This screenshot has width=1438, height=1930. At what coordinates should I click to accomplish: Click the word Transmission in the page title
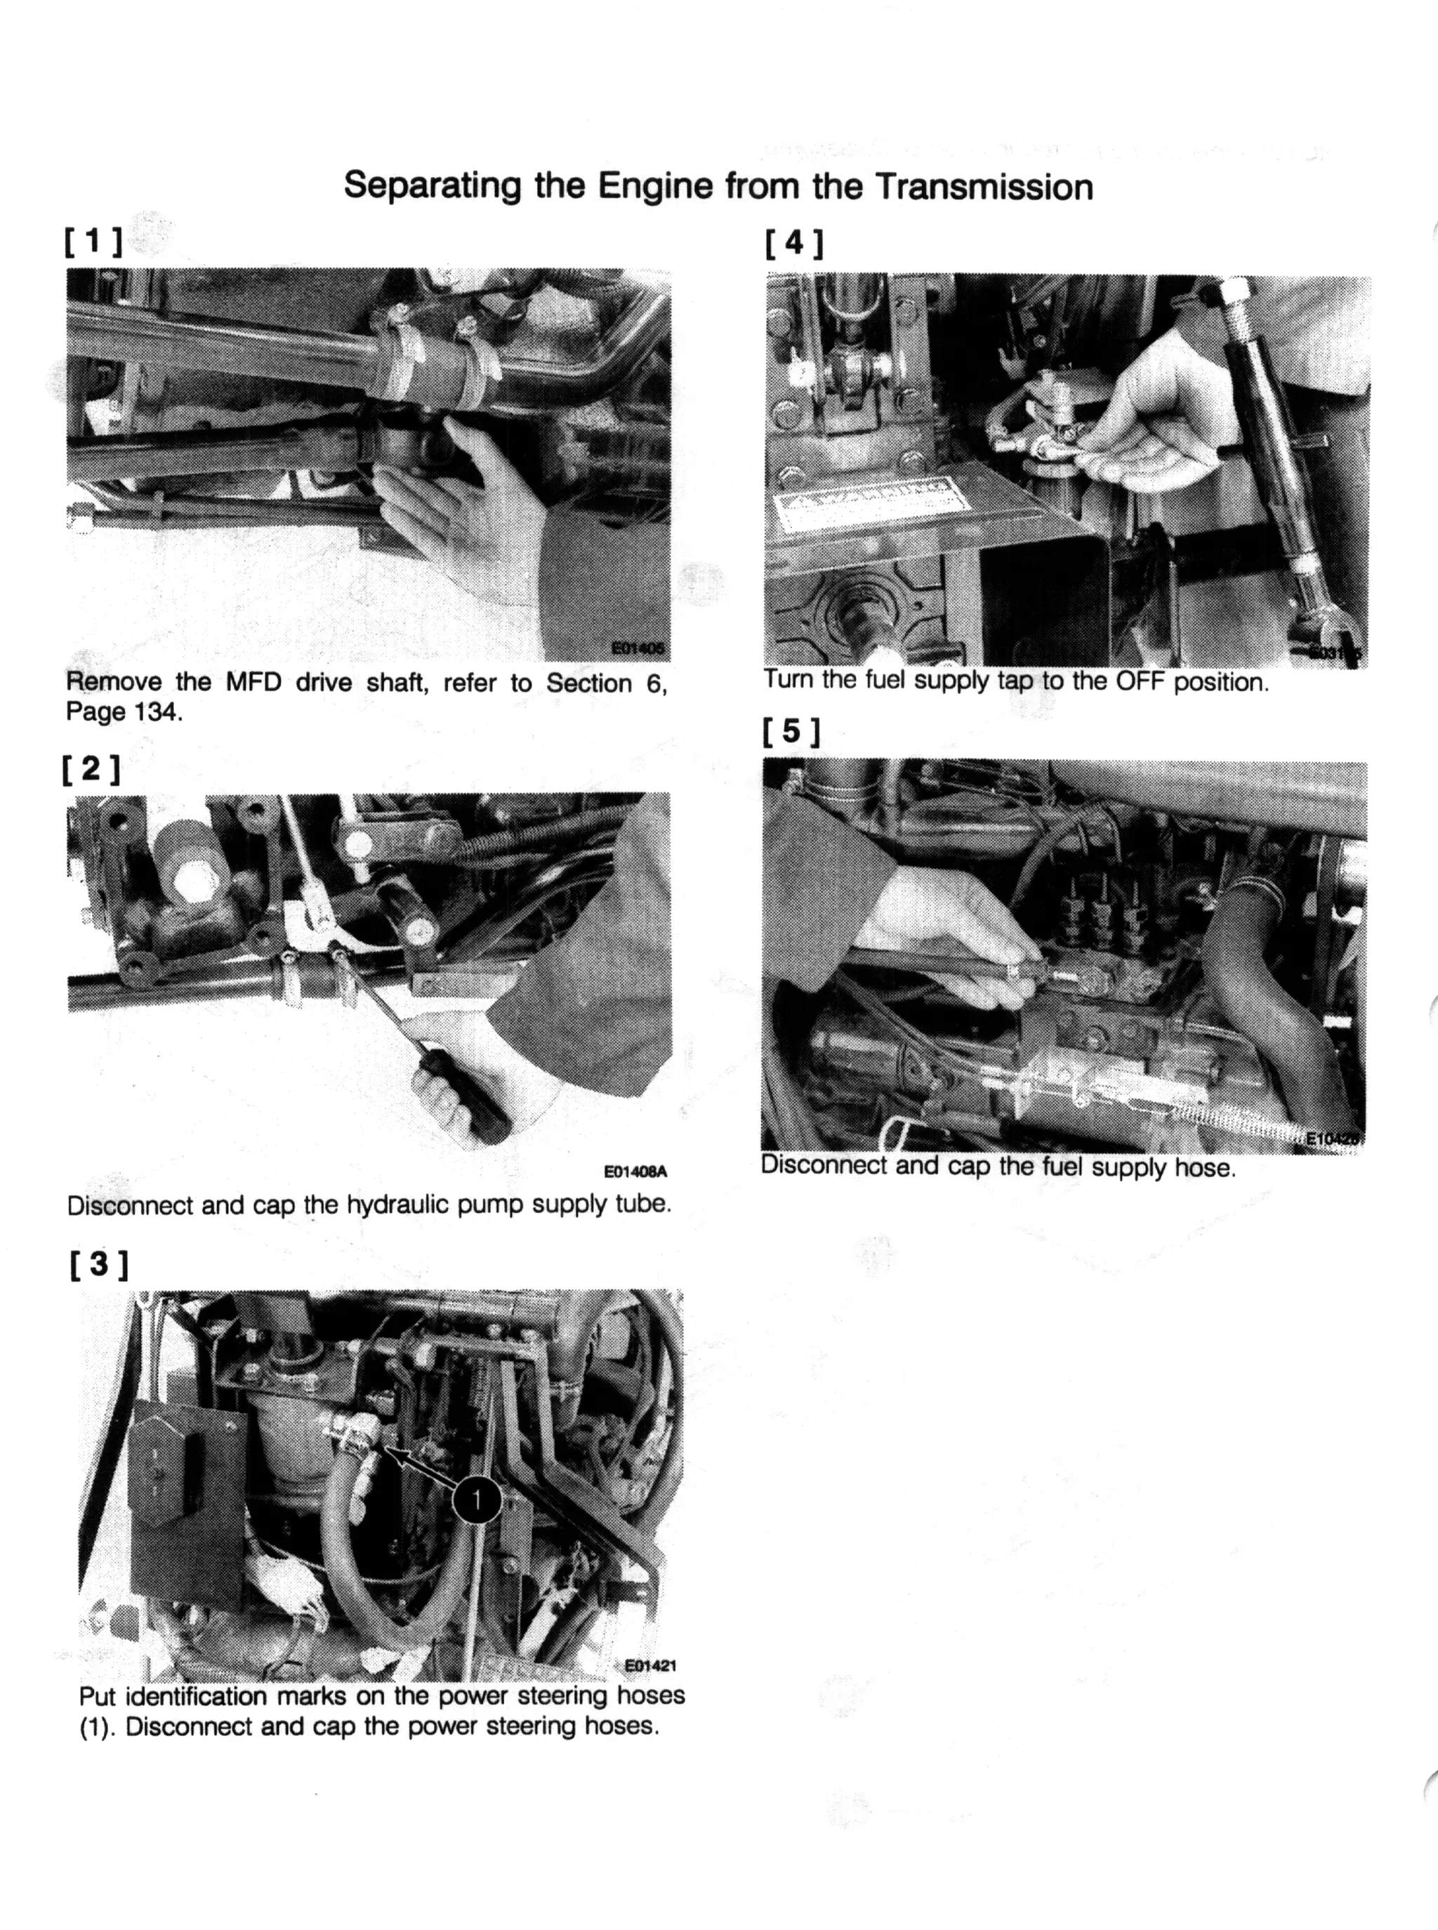click(x=984, y=187)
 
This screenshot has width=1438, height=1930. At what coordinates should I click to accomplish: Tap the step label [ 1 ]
click(x=93, y=240)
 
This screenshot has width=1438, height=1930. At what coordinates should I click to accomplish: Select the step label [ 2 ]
click(x=91, y=768)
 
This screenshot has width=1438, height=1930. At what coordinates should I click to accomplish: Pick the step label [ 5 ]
click(x=791, y=731)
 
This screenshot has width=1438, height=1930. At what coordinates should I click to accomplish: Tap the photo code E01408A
click(x=635, y=1171)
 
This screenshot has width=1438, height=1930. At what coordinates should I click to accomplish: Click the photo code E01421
click(x=650, y=1665)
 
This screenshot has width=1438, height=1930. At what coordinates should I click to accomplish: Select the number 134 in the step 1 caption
click(x=157, y=712)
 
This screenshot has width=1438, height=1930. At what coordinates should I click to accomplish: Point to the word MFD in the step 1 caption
click(x=253, y=682)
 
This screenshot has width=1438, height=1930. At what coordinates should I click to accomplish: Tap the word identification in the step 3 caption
click(x=197, y=1697)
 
